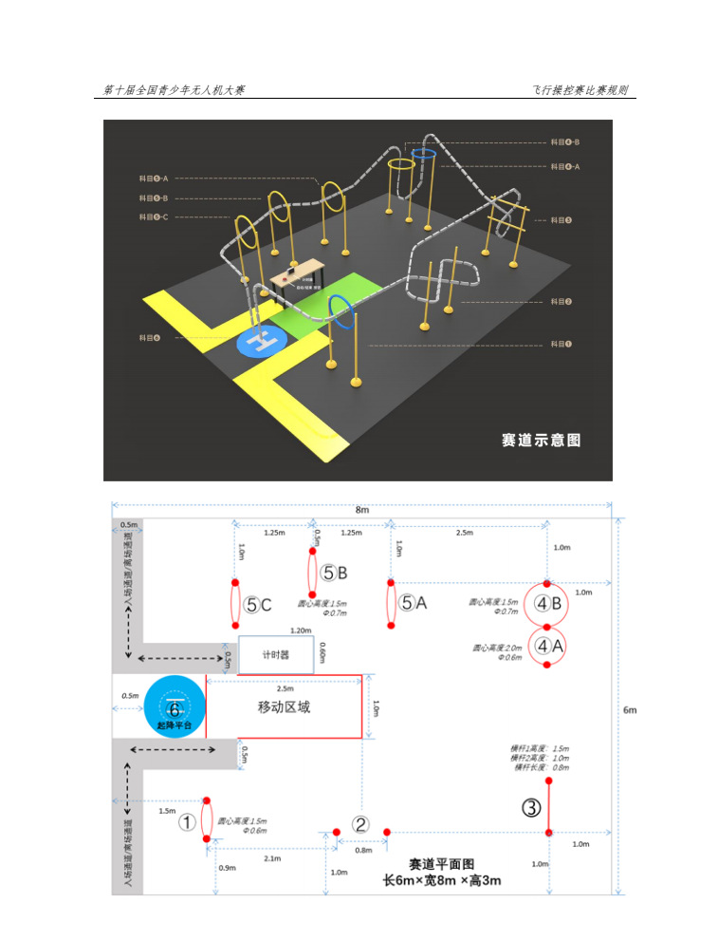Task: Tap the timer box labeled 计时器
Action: coord(276,654)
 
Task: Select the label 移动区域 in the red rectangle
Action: coord(284,707)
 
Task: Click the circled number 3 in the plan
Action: coord(532,808)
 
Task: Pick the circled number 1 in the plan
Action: coord(188,822)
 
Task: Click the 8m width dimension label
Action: coord(362,510)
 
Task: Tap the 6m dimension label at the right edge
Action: coord(630,709)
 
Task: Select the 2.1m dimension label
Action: coord(271,858)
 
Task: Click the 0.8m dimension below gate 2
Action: coord(363,850)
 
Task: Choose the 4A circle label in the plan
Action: coord(547,646)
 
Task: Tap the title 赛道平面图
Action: coord(441,865)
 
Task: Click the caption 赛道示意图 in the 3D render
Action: coord(540,441)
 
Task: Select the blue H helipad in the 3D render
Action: coord(261,341)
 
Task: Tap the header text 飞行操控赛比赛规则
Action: coord(580,90)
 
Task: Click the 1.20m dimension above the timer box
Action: coord(275,630)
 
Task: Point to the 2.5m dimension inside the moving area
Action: coord(284,688)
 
